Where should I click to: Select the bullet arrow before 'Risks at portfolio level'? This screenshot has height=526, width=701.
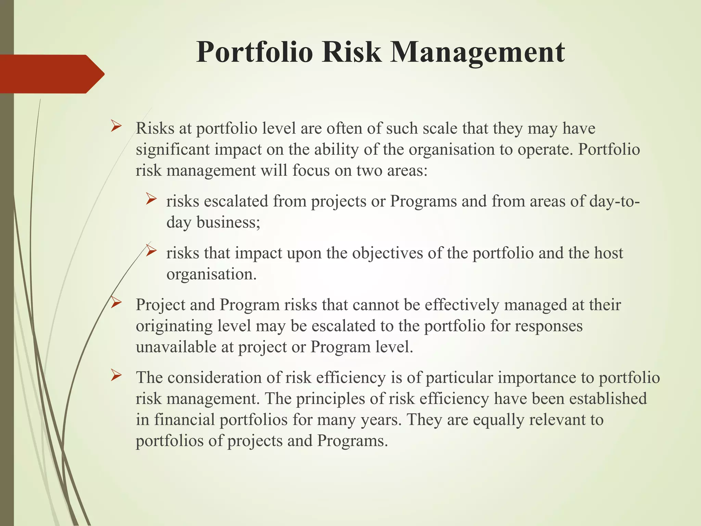(116, 127)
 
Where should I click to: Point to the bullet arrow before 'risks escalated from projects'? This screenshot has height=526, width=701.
(151, 199)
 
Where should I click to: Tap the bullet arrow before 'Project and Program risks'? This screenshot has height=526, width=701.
(116, 303)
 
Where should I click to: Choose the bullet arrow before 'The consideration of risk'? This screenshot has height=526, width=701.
(116, 376)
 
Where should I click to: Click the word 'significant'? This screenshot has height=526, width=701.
(173, 150)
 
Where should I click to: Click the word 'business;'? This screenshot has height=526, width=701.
(228, 223)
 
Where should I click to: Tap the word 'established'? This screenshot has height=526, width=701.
(608, 398)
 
